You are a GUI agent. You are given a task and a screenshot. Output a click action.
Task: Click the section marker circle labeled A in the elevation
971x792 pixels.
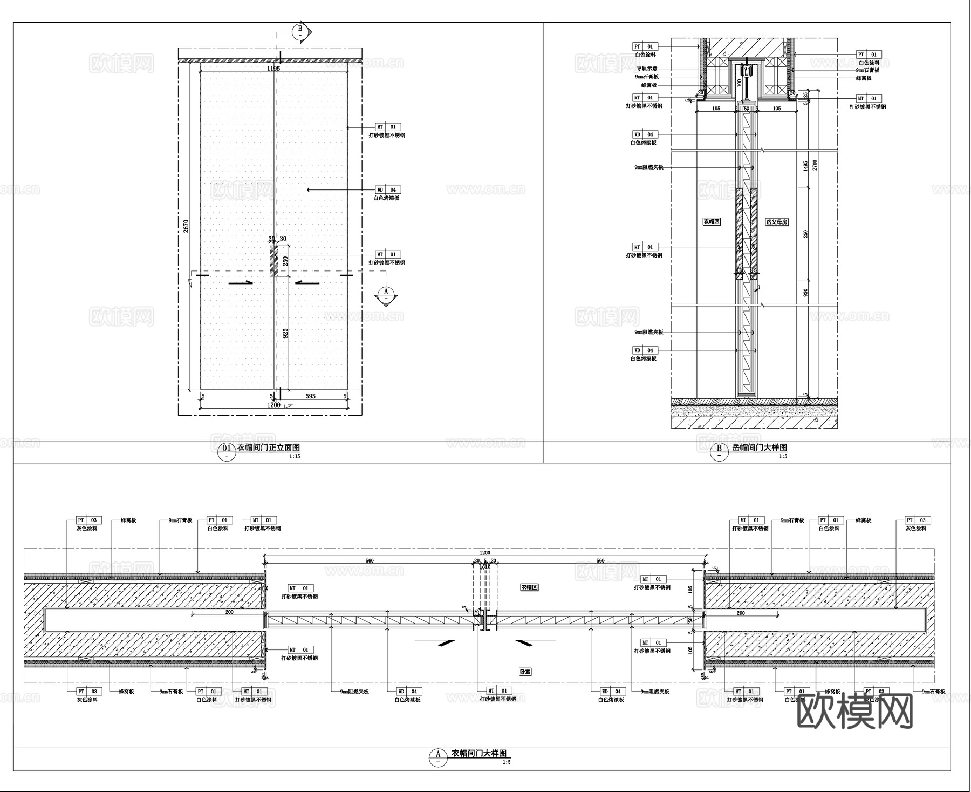[x=386, y=294]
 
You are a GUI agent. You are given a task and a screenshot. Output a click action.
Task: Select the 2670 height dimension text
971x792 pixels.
[x=186, y=226]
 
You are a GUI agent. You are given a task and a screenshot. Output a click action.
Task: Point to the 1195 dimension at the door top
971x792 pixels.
[x=273, y=69]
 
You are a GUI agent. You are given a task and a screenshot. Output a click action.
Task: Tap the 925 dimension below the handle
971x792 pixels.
[x=285, y=333]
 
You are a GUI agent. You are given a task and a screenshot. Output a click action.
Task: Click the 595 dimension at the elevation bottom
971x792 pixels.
[x=311, y=396]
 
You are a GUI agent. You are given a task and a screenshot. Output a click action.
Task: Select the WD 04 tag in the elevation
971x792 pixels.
[x=388, y=190]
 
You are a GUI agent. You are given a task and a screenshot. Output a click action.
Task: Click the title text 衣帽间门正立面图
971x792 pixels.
[x=269, y=448]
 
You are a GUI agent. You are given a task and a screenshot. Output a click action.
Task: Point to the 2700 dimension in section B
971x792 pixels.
[x=815, y=165]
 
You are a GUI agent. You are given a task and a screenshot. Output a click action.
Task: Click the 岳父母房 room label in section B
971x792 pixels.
[x=777, y=222]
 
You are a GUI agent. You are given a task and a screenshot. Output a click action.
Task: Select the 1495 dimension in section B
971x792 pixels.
[x=805, y=166]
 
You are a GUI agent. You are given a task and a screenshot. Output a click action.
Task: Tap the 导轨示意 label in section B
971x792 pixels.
[x=647, y=69]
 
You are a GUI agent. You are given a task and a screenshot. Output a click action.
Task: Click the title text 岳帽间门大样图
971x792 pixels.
[x=760, y=448]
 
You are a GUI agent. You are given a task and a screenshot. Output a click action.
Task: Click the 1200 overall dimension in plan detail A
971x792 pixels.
[x=484, y=553]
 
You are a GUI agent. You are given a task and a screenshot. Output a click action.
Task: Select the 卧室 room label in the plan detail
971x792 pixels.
[x=525, y=672]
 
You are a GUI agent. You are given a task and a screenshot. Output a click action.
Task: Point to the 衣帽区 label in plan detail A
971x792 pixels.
[x=529, y=587]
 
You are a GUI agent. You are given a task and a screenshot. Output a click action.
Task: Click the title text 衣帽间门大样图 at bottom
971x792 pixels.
[x=479, y=753]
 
